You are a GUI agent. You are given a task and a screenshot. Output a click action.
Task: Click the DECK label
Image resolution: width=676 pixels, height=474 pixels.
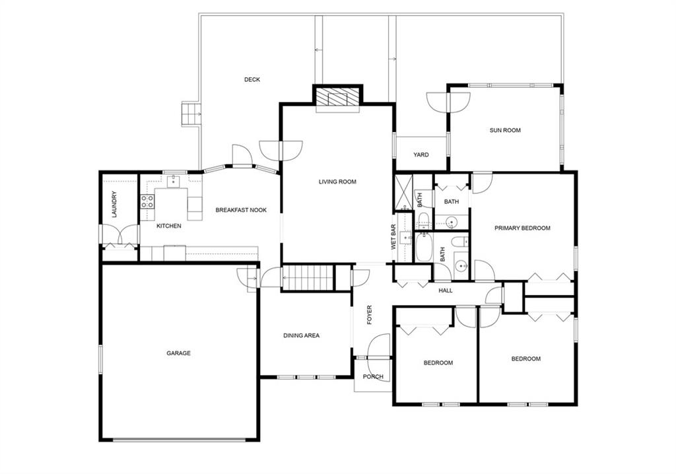pyautogui.click(x=252, y=79)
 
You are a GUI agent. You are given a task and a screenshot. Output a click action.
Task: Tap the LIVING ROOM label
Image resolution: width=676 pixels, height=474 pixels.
pyautogui.click(x=337, y=182)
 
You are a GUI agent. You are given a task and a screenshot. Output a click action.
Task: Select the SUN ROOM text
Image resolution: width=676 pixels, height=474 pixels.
pyautogui.click(x=505, y=130)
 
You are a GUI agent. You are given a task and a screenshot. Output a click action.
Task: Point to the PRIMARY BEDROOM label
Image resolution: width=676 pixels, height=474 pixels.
pyautogui.click(x=522, y=228)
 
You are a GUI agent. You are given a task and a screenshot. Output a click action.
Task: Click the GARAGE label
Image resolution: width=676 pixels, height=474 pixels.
pyautogui.click(x=178, y=353)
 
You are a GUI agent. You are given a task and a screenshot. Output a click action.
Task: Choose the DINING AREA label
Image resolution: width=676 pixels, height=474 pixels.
pyautogui.click(x=301, y=335)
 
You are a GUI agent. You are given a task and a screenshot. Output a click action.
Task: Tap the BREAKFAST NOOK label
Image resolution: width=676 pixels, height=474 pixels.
pyautogui.click(x=241, y=210)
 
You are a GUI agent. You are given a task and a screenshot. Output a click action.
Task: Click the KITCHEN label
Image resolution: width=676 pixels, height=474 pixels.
pyautogui.click(x=168, y=226)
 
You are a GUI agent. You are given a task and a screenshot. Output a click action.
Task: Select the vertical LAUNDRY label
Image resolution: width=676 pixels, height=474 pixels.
pyautogui.click(x=114, y=204)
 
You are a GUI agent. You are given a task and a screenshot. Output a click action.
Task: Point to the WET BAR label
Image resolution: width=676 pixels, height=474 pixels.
pyautogui.click(x=393, y=237)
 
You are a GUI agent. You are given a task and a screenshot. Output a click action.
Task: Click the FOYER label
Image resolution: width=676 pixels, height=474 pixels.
pyautogui.click(x=369, y=315)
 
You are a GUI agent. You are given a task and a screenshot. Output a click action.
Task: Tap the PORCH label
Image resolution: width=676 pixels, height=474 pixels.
pyautogui.click(x=373, y=376)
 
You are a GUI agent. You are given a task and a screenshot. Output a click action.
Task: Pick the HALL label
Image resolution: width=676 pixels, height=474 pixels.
pyautogui.click(x=446, y=290)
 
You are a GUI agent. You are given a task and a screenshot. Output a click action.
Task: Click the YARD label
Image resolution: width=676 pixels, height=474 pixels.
pyautogui.click(x=421, y=154)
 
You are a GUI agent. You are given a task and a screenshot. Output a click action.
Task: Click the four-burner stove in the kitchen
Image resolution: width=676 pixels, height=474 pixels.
pyautogui.click(x=147, y=201)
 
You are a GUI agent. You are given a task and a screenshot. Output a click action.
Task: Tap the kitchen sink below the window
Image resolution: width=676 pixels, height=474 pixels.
pyautogui.click(x=174, y=181)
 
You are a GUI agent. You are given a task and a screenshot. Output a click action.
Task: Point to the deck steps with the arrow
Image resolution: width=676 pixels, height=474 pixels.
pyautogui.click(x=190, y=114)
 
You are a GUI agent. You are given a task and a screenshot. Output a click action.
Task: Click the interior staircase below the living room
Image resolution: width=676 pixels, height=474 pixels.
pyautogui.click(x=308, y=277)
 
